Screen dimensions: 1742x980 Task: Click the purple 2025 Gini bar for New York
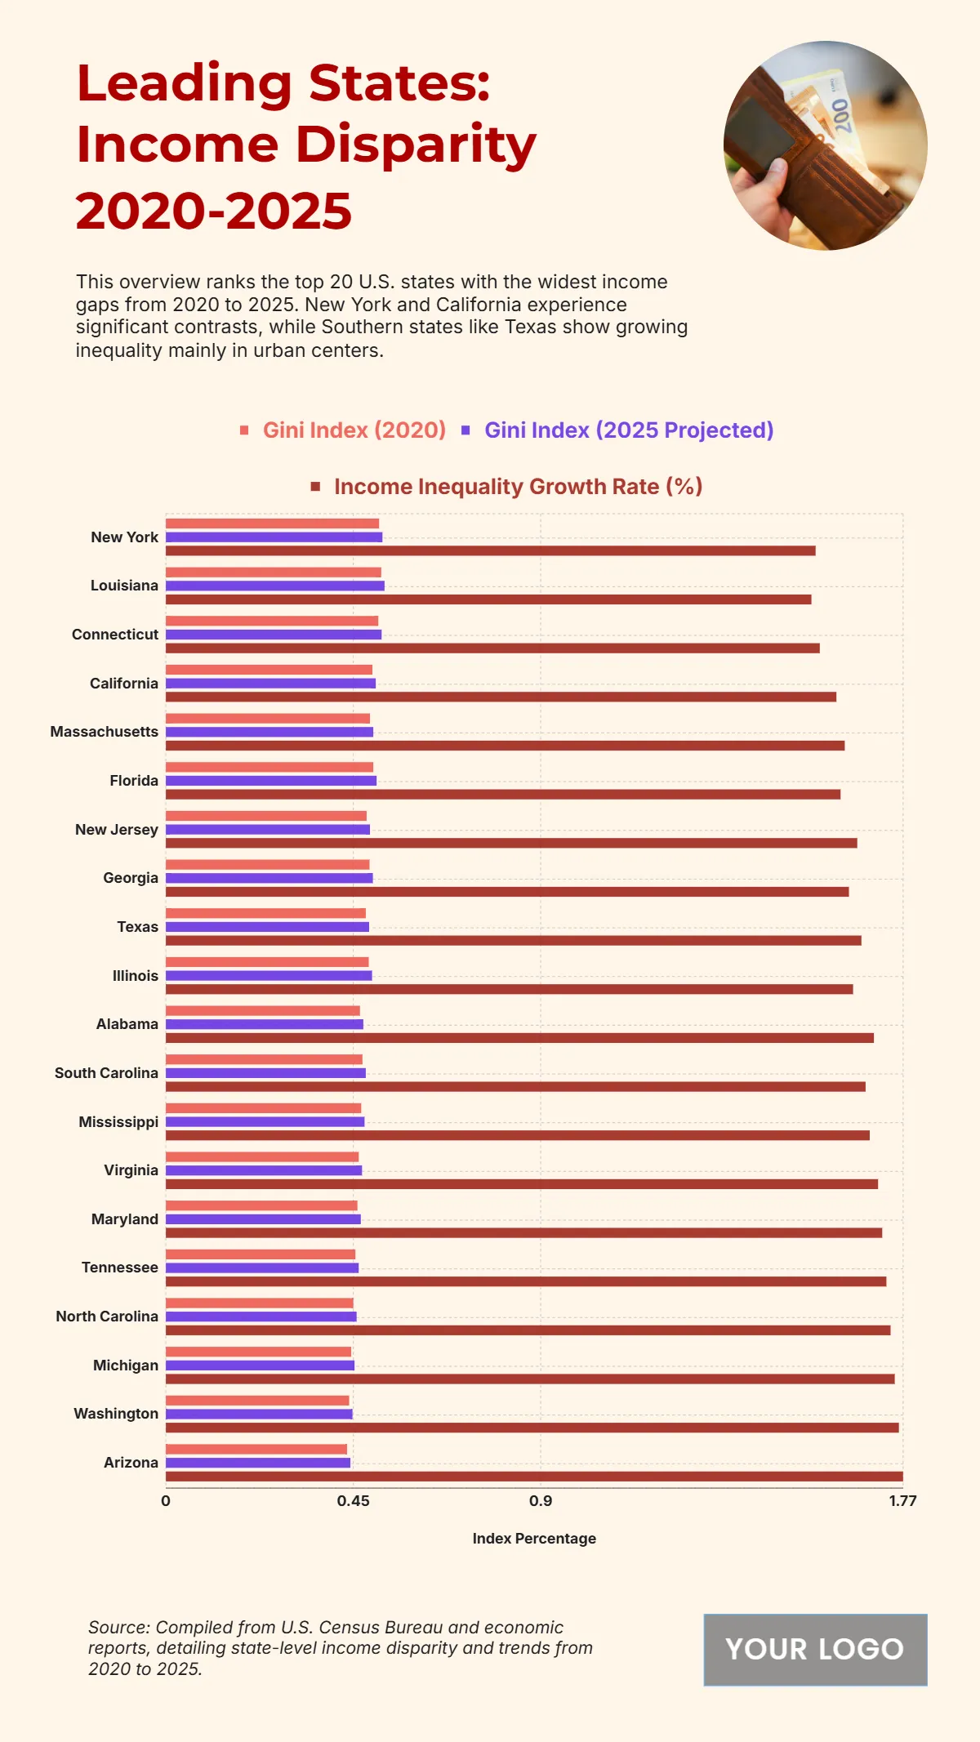[274, 537]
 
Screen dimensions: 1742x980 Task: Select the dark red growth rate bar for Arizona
[534, 1477]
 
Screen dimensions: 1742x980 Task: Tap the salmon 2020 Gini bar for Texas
[265, 913]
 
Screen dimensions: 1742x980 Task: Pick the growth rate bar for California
[501, 697]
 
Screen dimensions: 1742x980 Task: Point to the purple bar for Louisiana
[274, 586]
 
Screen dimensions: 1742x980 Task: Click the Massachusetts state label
[105, 732]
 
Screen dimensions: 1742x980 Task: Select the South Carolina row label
[106, 1073]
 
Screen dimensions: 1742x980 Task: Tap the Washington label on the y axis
[116, 1414]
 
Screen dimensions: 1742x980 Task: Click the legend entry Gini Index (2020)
[354, 430]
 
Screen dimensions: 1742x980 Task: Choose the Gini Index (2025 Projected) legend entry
[628, 430]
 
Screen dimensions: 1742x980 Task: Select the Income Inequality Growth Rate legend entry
[518, 487]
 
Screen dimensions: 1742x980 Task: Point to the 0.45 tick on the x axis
[353, 1501]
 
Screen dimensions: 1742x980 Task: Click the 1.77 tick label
[902, 1501]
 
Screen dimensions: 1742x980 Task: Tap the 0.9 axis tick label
[541, 1501]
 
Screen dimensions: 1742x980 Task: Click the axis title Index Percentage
[534, 1539]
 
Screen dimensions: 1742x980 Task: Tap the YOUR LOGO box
[815, 1649]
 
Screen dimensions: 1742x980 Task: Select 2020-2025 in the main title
[214, 211]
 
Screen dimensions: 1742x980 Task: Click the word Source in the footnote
[118, 1628]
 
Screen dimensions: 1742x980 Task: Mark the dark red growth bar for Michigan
[530, 1379]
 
